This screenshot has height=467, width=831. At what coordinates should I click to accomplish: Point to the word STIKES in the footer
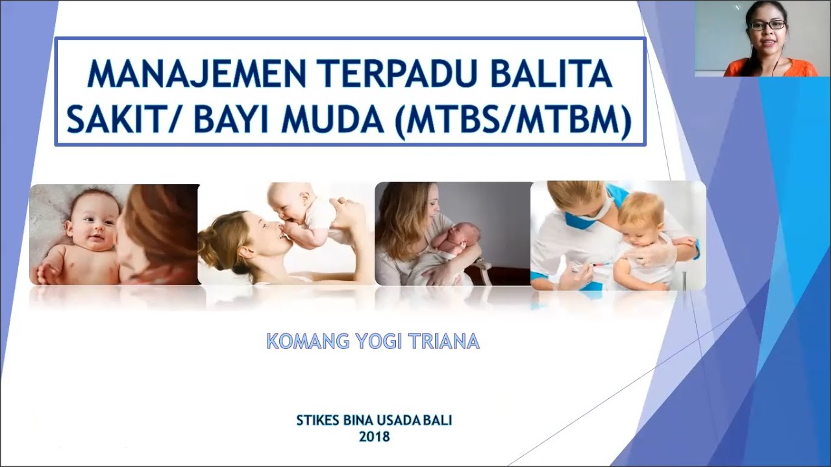click(x=318, y=420)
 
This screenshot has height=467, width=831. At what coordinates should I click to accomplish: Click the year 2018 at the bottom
click(x=375, y=437)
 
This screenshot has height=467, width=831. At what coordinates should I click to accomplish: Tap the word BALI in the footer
click(x=437, y=420)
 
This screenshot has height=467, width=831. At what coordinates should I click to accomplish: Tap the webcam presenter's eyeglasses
click(x=767, y=25)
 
